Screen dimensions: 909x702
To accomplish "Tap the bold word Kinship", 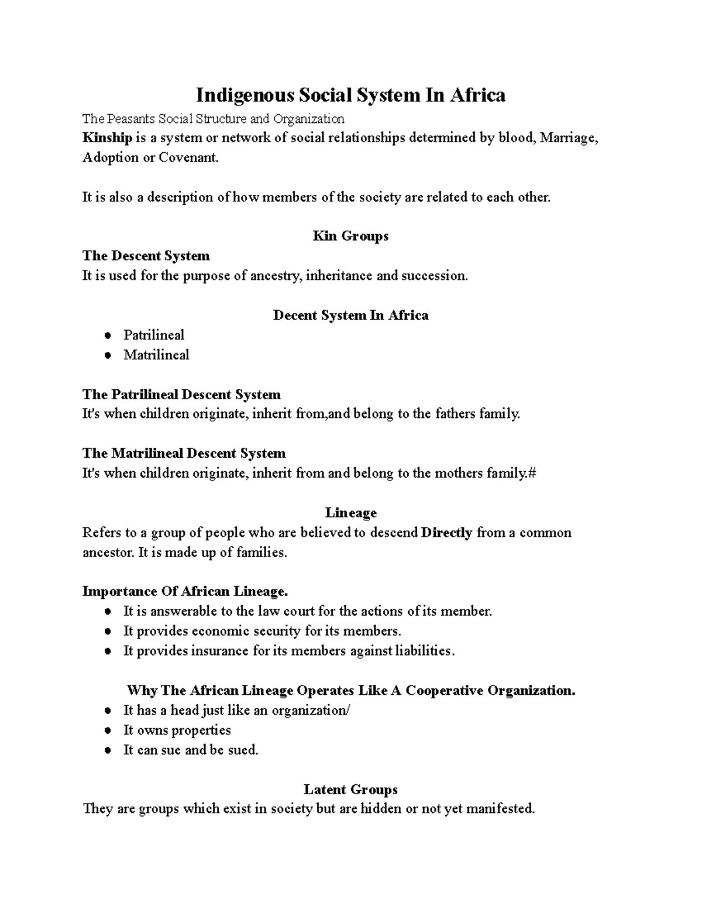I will click(x=107, y=138).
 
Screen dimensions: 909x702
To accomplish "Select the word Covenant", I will click(x=188, y=158).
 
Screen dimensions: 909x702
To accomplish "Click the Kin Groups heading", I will click(x=350, y=236).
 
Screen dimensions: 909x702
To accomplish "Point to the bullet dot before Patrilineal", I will click(x=107, y=336).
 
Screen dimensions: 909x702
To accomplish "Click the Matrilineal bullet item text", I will click(x=156, y=355).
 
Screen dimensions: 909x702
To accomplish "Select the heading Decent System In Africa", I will click(x=350, y=315).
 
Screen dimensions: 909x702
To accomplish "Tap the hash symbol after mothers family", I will click(x=532, y=473).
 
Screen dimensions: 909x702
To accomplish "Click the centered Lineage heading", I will click(x=350, y=513).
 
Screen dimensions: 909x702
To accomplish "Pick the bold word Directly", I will click(x=446, y=533).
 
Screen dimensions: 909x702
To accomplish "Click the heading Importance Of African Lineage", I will click(x=185, y=591).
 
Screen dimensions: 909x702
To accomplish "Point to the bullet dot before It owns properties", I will click(x=107, y=731).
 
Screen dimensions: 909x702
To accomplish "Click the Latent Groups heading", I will click(x=350, y=790).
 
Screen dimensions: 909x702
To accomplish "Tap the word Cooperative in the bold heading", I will click(x=444, y=691).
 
